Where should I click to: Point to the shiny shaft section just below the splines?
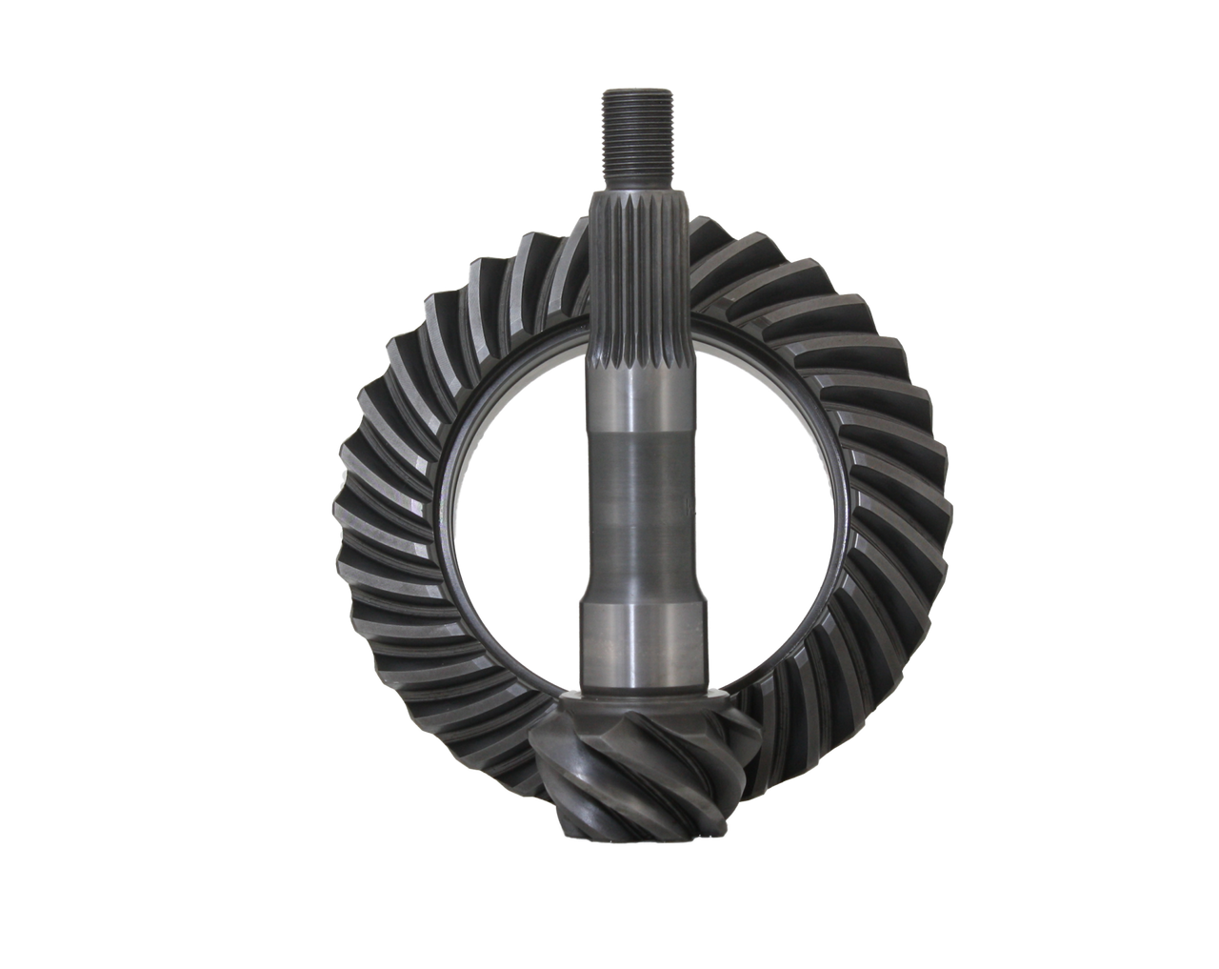pyautogui.click(x=635, y=391)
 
